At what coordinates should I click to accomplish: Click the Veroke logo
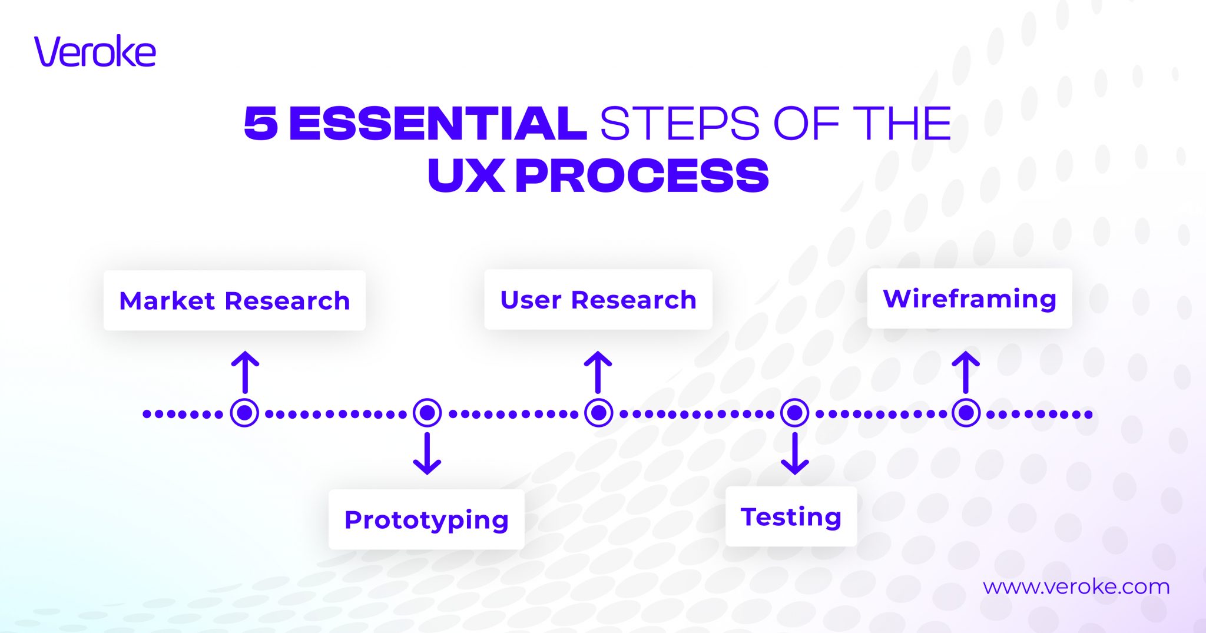pyautogui.click(x=95, y=51)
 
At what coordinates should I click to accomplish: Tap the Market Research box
pyautogui.click(x=234, y=300)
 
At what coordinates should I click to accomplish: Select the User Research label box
pyautogui.click(x=598, y=299)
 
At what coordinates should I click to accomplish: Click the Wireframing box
pyautogui.click(x=969, y=298)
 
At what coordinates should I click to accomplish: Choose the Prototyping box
pyautogui.click(x=426, y=519)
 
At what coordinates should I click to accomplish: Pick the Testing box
pyautogui.click(x=791, y=516)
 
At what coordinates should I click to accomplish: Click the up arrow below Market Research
pyautogui.click(x=245, y=372)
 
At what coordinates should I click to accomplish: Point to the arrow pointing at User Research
pyautogui.click(x=598, y=372)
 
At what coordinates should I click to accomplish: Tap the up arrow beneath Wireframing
pyautogui.click(x=966, y=372)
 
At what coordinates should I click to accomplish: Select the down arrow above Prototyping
pyautogui.click(x=427, y=453)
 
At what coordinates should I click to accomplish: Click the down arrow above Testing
pyautogui.click(x=794, y=453)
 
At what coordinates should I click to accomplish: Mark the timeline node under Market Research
pyautogui.click(x=244, y=413)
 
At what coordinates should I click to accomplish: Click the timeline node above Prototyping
pyautogui.click(x=427, y=413)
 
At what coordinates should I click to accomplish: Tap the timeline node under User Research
pyautogui.click(x=598, y=413)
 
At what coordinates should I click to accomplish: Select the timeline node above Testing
pyautogui.click(x=794, y=413)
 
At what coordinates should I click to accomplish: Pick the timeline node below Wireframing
pyautogui.click(x=966, y=413)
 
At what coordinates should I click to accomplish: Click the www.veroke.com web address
pyautogui.click(x=1076, y=586)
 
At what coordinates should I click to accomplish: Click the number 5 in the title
pyautogui.click(x=260, y=124)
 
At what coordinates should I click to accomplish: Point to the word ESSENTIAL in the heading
pyautogui.click(x=438, y=124)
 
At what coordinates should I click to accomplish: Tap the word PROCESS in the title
pyautogui.click(x=642, y=175)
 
